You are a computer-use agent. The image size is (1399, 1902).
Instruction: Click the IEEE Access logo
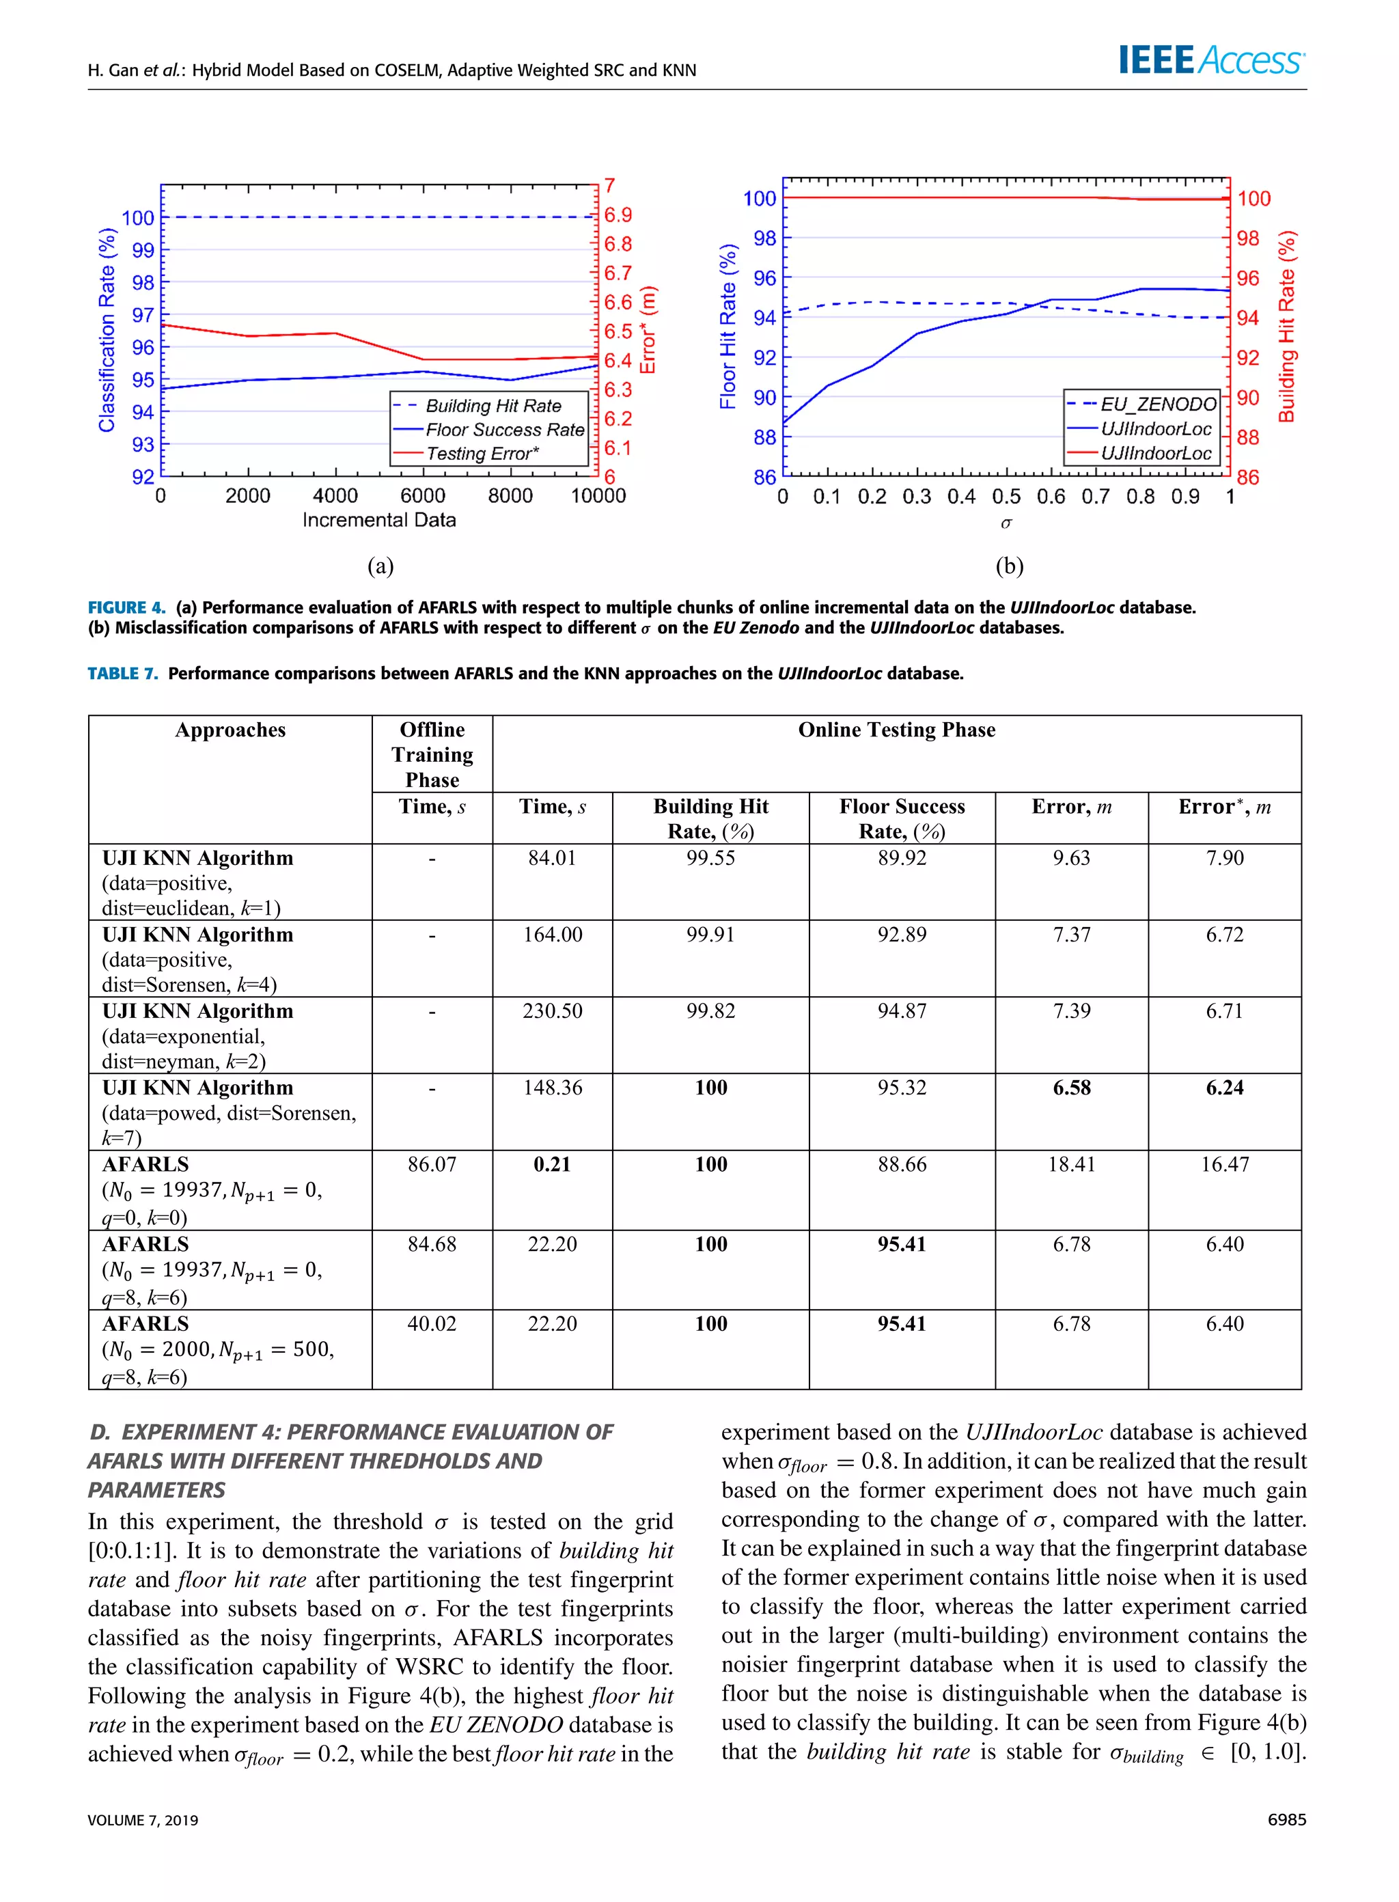[1211, 60]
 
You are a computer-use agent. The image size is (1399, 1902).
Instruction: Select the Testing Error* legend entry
[481, 454]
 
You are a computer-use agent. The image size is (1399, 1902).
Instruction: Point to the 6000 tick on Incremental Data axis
[423, 495]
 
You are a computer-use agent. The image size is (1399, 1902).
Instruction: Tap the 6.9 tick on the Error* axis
[618, 215]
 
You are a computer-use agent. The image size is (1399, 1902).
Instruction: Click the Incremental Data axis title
[378, 520]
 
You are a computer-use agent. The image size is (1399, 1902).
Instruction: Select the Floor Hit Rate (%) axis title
[728, 326]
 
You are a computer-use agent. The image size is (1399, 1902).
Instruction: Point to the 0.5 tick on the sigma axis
[1006, 496]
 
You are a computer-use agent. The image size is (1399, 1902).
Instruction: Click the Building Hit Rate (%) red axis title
[1286, 326]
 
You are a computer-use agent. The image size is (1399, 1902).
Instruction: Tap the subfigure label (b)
[1010, 566]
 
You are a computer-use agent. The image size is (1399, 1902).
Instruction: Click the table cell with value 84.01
[552, 858]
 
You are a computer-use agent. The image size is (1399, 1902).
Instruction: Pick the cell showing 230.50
[552, 1010]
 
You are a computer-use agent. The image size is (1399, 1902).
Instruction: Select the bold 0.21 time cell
[552, 1164]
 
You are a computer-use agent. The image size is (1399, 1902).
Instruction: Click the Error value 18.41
[1071, 1164]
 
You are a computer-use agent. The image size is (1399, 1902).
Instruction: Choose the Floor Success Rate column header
[902, 818]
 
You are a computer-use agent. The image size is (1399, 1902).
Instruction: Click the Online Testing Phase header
[896, 730]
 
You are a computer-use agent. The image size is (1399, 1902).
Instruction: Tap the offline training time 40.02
[432, 1323]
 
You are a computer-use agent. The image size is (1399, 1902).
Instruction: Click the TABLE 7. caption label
[123, 673]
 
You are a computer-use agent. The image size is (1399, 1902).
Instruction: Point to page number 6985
[1286, 1820]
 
